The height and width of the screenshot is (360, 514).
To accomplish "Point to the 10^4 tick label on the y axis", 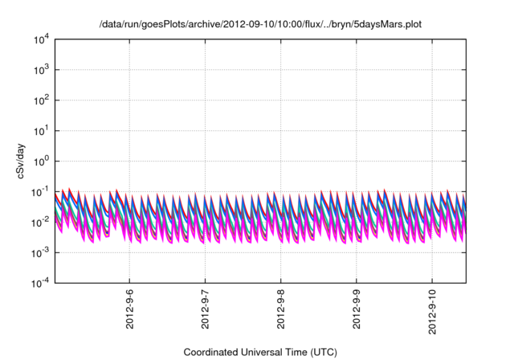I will [x=43, y=39].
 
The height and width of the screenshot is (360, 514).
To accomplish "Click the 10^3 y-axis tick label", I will [x=43, y=70].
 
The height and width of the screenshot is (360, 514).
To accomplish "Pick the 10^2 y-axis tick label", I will [x=43, y=100].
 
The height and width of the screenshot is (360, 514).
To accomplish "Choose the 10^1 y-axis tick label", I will [x=43, y=131].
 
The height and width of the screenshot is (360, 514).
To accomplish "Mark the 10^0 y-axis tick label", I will [x=43, y=161].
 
